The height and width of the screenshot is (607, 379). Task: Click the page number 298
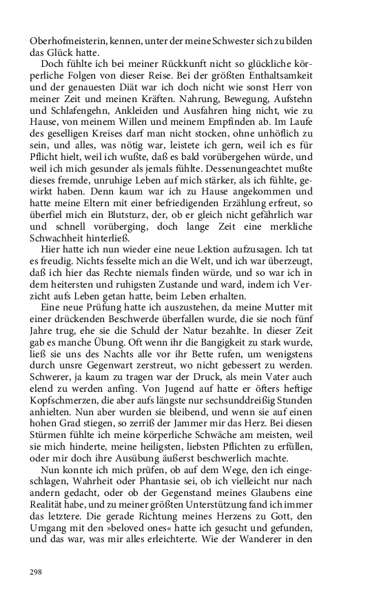[36, 572]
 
